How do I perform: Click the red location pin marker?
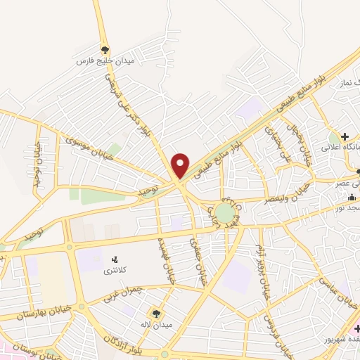point(181,165)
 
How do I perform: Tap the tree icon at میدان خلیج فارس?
point(105,49)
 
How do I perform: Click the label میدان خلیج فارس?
point(105,61)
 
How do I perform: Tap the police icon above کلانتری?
point(115,260)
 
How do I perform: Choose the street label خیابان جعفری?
point(198,260)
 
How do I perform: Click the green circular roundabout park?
point(224,212)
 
